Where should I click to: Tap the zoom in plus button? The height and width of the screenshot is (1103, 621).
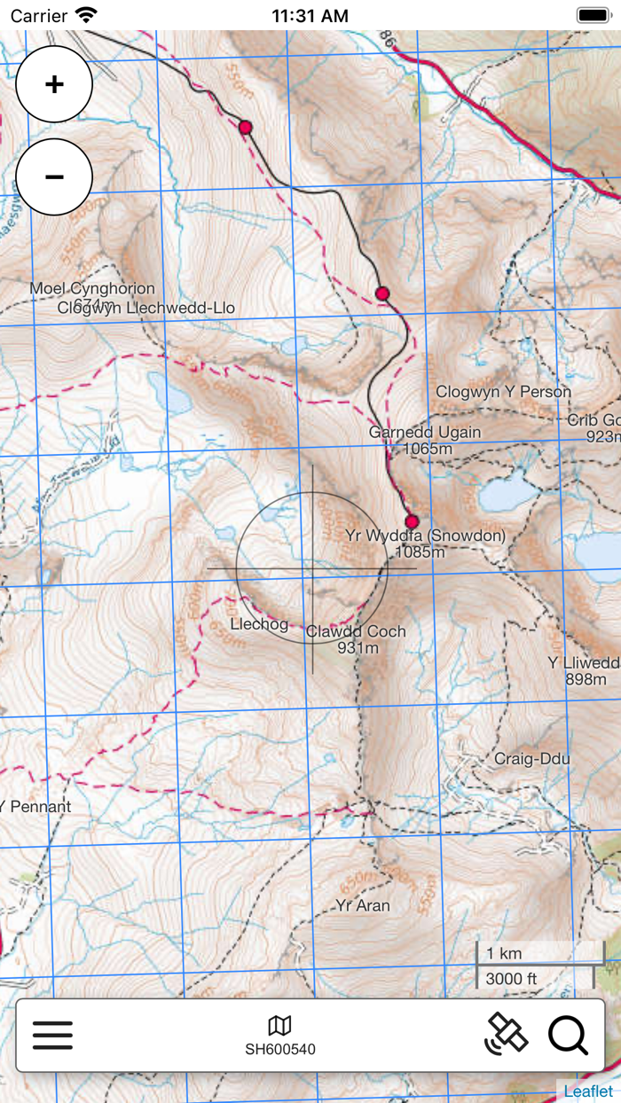point(54,84)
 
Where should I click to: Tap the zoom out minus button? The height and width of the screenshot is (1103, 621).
point(54,177)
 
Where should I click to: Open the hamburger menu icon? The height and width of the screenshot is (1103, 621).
point(53,1035)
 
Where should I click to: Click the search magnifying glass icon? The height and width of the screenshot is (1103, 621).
point(568,1035)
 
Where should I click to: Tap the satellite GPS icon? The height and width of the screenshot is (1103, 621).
point(506,1034)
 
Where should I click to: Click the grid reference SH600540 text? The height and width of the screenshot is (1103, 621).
point(280,1050)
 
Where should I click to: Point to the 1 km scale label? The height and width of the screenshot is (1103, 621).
point(504,954)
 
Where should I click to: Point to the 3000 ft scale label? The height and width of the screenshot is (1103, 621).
point(511,979)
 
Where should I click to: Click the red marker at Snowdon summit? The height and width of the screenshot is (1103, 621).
point(412,521)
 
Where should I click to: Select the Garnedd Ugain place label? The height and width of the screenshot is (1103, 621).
point(425,433)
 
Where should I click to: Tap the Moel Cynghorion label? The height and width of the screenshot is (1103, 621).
point(91,289)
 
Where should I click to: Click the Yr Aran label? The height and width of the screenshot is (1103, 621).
point(362,906)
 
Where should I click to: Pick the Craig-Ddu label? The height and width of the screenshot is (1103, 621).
point(531,759)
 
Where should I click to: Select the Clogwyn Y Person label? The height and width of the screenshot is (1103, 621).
point(503,392)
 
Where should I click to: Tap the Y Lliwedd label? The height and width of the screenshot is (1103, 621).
point(583,663)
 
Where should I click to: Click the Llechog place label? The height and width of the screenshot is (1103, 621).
point(259,624)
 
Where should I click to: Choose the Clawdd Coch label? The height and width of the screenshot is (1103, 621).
point(356,631)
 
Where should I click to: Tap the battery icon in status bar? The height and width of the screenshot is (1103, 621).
point(593,15)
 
